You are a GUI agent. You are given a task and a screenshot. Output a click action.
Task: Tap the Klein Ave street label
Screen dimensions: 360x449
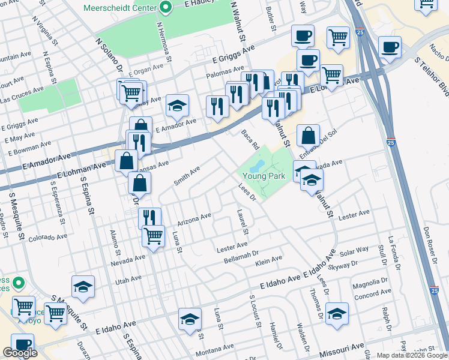(268, 260)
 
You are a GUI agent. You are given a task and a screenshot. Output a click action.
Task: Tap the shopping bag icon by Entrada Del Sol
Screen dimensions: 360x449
(308, 136)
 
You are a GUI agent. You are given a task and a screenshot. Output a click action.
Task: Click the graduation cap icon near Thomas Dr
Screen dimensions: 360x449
(337, 314)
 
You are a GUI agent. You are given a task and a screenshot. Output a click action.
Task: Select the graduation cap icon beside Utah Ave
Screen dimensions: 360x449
(83, 287)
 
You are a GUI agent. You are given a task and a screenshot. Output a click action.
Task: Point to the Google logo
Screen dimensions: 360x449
(20, 353)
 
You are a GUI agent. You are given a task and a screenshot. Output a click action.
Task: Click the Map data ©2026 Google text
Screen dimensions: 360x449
(412, 355)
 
